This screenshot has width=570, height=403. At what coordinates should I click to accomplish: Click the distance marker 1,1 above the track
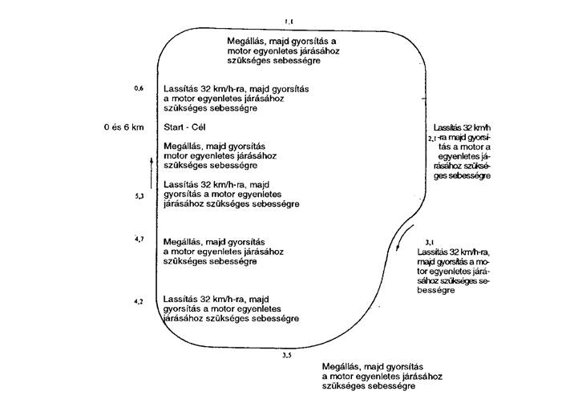pos(289,22)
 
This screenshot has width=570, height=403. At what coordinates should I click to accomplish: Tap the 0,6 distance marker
pos(139,88)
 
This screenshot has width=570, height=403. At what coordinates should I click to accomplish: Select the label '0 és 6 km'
pos(123,127)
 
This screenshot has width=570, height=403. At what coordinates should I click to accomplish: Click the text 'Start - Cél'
pos(184,127)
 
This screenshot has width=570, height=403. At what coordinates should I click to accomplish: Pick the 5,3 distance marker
pos(139,196)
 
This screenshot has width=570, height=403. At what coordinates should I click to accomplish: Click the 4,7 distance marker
pos(139,239)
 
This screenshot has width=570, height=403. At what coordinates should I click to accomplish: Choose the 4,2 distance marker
pos(139,301)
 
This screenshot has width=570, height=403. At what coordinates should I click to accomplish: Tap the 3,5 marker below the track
pos(287,356)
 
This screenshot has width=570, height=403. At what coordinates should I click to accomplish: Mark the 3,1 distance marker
pos(430,242)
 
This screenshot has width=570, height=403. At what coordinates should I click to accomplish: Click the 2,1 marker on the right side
pos(432,138)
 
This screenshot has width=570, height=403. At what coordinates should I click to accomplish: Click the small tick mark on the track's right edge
pos(423,99)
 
